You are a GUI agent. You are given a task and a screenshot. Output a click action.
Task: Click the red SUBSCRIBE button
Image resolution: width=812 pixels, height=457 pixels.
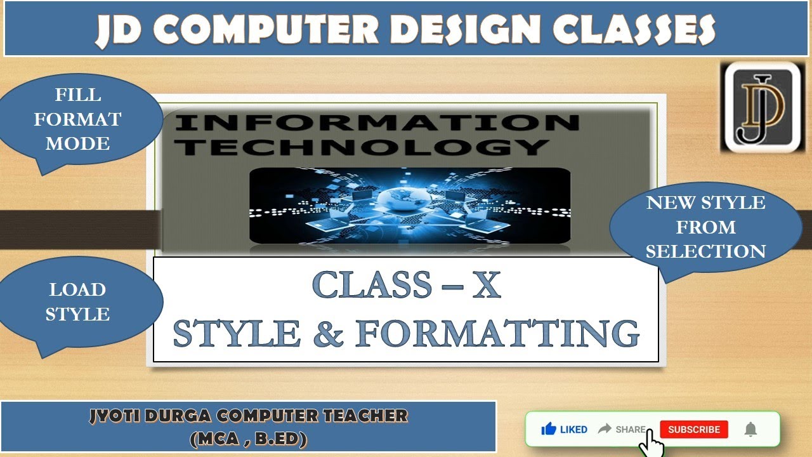tap(693, 430)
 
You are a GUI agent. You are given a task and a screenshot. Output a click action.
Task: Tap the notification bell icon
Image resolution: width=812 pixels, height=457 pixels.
tap(750, 430)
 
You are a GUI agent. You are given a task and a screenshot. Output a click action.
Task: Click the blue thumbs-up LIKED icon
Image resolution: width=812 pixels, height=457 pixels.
tap(549, 430)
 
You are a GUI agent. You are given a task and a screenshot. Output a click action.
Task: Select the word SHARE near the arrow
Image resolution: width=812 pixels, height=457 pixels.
tap(630, 430)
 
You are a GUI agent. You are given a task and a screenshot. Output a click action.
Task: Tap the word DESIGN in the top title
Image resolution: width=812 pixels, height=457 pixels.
tap(452, 30)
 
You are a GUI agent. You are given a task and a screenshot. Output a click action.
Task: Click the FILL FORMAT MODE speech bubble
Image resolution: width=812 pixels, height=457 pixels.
tap(78, 119)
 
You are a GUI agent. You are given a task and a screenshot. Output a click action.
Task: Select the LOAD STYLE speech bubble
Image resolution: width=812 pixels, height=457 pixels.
tap(77, 302)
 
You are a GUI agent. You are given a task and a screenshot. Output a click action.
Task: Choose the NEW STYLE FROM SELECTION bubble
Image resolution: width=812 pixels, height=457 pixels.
tap(705, 227)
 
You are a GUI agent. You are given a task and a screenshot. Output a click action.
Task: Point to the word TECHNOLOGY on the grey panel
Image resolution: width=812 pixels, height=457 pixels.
tap(361, 147)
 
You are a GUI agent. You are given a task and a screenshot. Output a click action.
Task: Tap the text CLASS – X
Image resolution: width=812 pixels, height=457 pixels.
tap(407, 285)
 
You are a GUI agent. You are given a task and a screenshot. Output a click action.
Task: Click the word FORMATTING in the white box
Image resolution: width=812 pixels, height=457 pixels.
tap(497, 334)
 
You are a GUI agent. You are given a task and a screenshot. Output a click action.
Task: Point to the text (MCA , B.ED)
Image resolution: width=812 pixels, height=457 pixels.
tap(248, 439)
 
